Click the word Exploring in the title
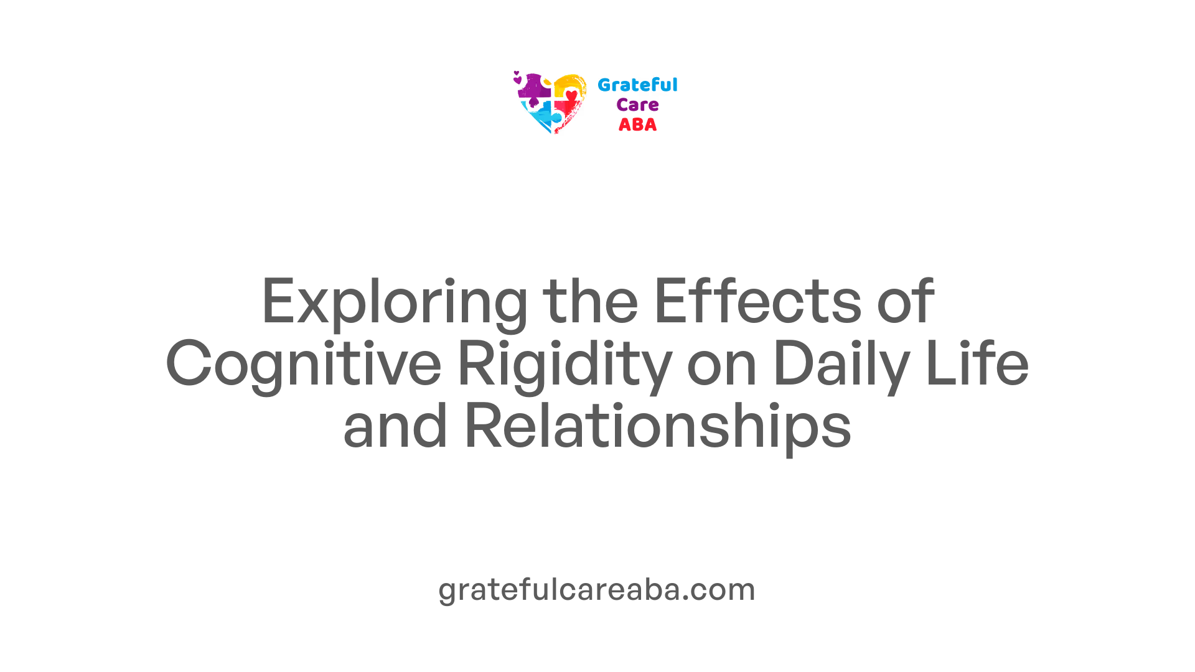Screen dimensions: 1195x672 point(395,303)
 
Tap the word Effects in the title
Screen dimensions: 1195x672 point(757,301)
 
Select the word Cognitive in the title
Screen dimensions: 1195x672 point(304,366)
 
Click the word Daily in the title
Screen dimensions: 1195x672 point(841,366)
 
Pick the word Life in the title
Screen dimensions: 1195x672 point(977,363)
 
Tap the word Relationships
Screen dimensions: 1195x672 point(658,428)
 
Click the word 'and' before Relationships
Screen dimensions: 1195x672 point(395,426)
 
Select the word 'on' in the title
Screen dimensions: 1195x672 point(722,370)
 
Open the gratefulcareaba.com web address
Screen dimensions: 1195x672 point(597,590)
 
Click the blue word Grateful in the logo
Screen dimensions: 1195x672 point(637,85)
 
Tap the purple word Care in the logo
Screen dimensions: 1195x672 point(637,105)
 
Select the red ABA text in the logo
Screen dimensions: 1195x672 point(637,125)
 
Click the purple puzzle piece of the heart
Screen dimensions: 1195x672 point(534,88)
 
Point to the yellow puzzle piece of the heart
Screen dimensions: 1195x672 point(568,85)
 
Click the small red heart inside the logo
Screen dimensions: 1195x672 point(571,95)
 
